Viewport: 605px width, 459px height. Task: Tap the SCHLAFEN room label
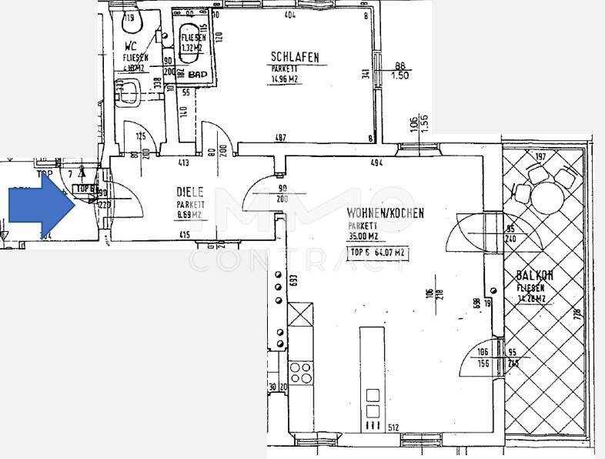click(x=294, y=56)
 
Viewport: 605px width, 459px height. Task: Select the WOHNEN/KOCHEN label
click(x=385, y=213)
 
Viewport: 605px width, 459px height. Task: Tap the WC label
click(x=130, y=45)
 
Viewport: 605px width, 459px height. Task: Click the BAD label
click(x=198, y=74)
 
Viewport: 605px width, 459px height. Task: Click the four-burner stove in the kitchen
click(x=300, y=374)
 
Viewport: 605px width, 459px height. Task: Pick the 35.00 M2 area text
click(x=363, y=237)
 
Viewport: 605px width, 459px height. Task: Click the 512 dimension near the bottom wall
click(x=393, y=429)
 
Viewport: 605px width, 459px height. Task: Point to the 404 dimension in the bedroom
click(x=289, y=15)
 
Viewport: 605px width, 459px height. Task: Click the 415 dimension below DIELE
click(x=184, y=234)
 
